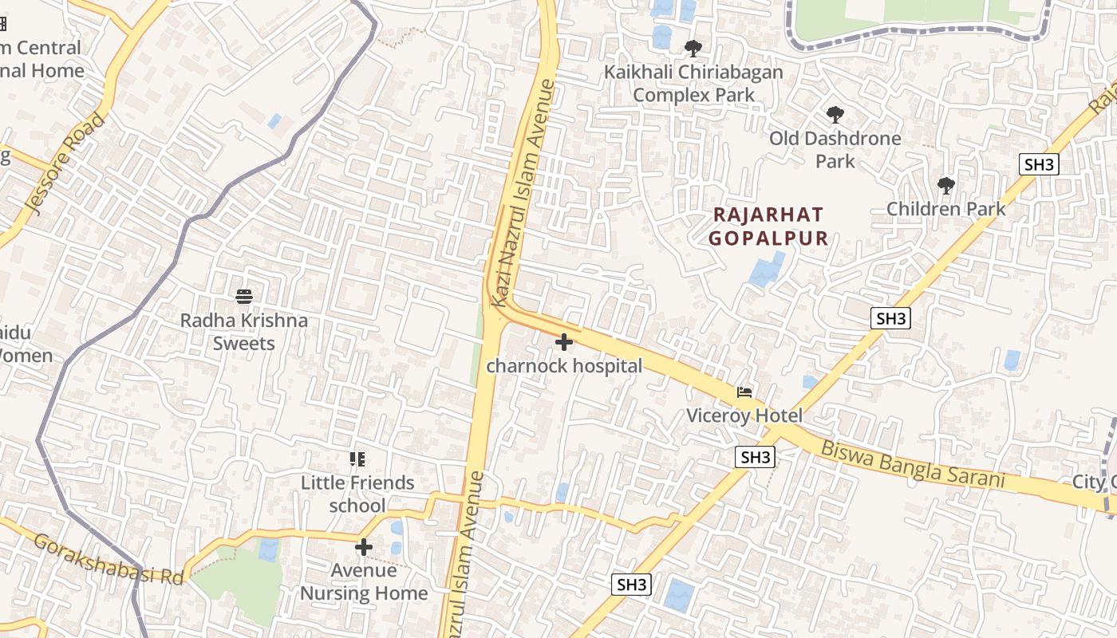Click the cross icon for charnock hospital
[x=564, y=342]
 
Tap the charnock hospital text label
[x=564, y=366]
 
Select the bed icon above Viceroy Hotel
[x=744, y=392]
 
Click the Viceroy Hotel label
[x=744, y=415]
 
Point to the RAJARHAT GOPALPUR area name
[x=768, y=226]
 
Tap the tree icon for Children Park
[x=946, y=186]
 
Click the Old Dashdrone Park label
[x=835, y=149]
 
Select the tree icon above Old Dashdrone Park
[x=835, y=115]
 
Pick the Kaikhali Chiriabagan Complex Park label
[x=693, y=83]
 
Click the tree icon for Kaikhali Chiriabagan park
[x=693, y=49]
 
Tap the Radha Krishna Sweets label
[x=244, y=332]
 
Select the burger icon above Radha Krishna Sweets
[x=244, y=297]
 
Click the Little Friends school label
[x=357, y=494]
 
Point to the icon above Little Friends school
[x=357, y=459]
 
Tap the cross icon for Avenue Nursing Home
[x=364, y=547]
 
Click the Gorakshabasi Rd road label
[x=109, y=559]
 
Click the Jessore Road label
[x=66, y=164]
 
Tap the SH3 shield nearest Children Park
[x=1039, y=165]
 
